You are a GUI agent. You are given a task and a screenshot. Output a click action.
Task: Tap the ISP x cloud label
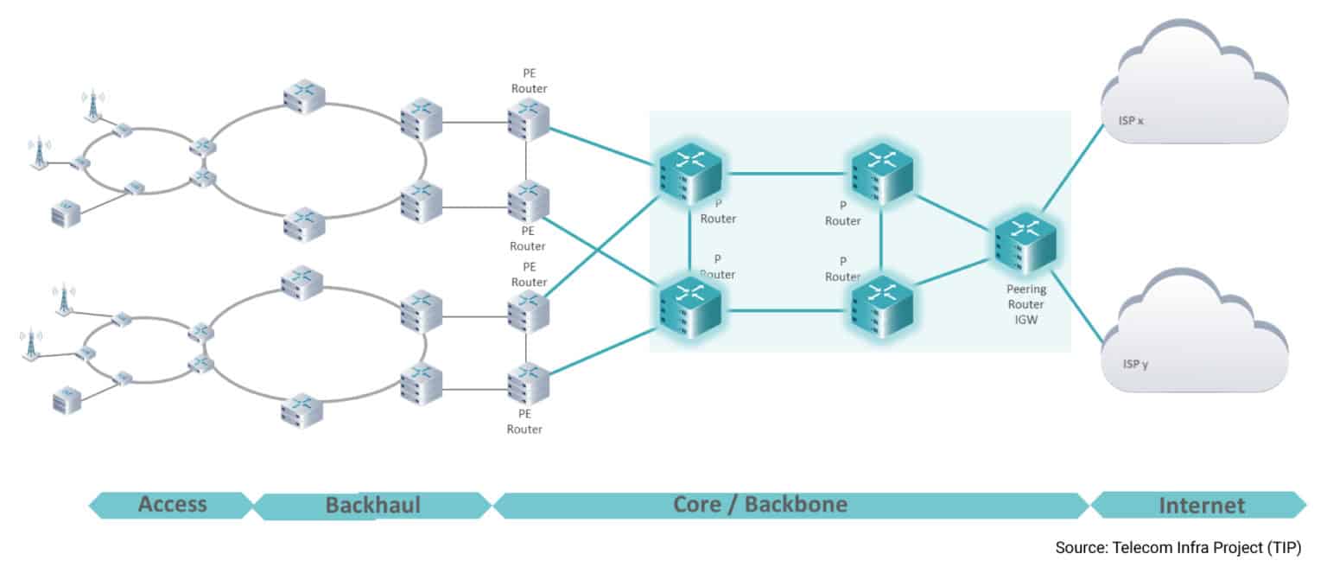pyautogui.click(x=1127, y=121)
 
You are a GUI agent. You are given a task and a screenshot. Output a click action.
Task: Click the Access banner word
pyautogui.click(x=172, y=505)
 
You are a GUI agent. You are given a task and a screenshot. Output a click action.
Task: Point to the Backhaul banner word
pyautogui.click(x=372, y=505)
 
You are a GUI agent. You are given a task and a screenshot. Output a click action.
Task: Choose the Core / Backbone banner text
pyautogui.click(x=760, y=504)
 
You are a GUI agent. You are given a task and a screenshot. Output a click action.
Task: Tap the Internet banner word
pyautogui.click(x=1202, y=505)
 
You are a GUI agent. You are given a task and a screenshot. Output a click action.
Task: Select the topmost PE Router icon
pyautogui.click(x=528, y=119)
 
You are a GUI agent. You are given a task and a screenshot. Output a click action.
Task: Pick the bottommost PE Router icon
pyautogui.click(x=528, y=385)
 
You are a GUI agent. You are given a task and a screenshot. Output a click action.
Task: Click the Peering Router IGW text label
pyautogui.click(x=1025, y=303)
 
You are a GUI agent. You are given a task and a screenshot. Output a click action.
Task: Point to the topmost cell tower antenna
pyautogui.click(x=90, y=105)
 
